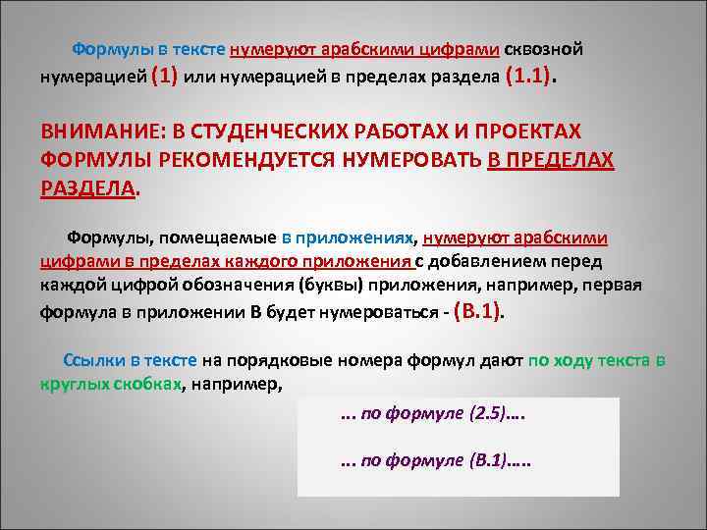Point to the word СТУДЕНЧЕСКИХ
click(x=266, y=132)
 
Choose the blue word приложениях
click(x=357, y=238)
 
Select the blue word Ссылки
click(x=91, y=360)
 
